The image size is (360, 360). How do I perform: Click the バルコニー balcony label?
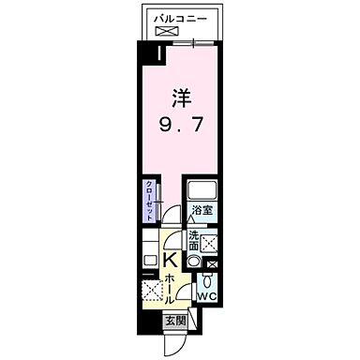click(180, 16)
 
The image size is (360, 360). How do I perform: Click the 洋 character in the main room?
click(180, 96)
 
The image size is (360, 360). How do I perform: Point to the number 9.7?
click(180, 122)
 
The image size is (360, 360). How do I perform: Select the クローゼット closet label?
click(148, 199)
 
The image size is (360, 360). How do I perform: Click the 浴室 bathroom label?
click(202, 211)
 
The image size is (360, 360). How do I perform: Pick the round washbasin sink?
click(193, 262)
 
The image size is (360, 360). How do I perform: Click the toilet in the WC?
click(207, 279)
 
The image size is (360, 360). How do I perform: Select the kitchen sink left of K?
click(150, 258)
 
